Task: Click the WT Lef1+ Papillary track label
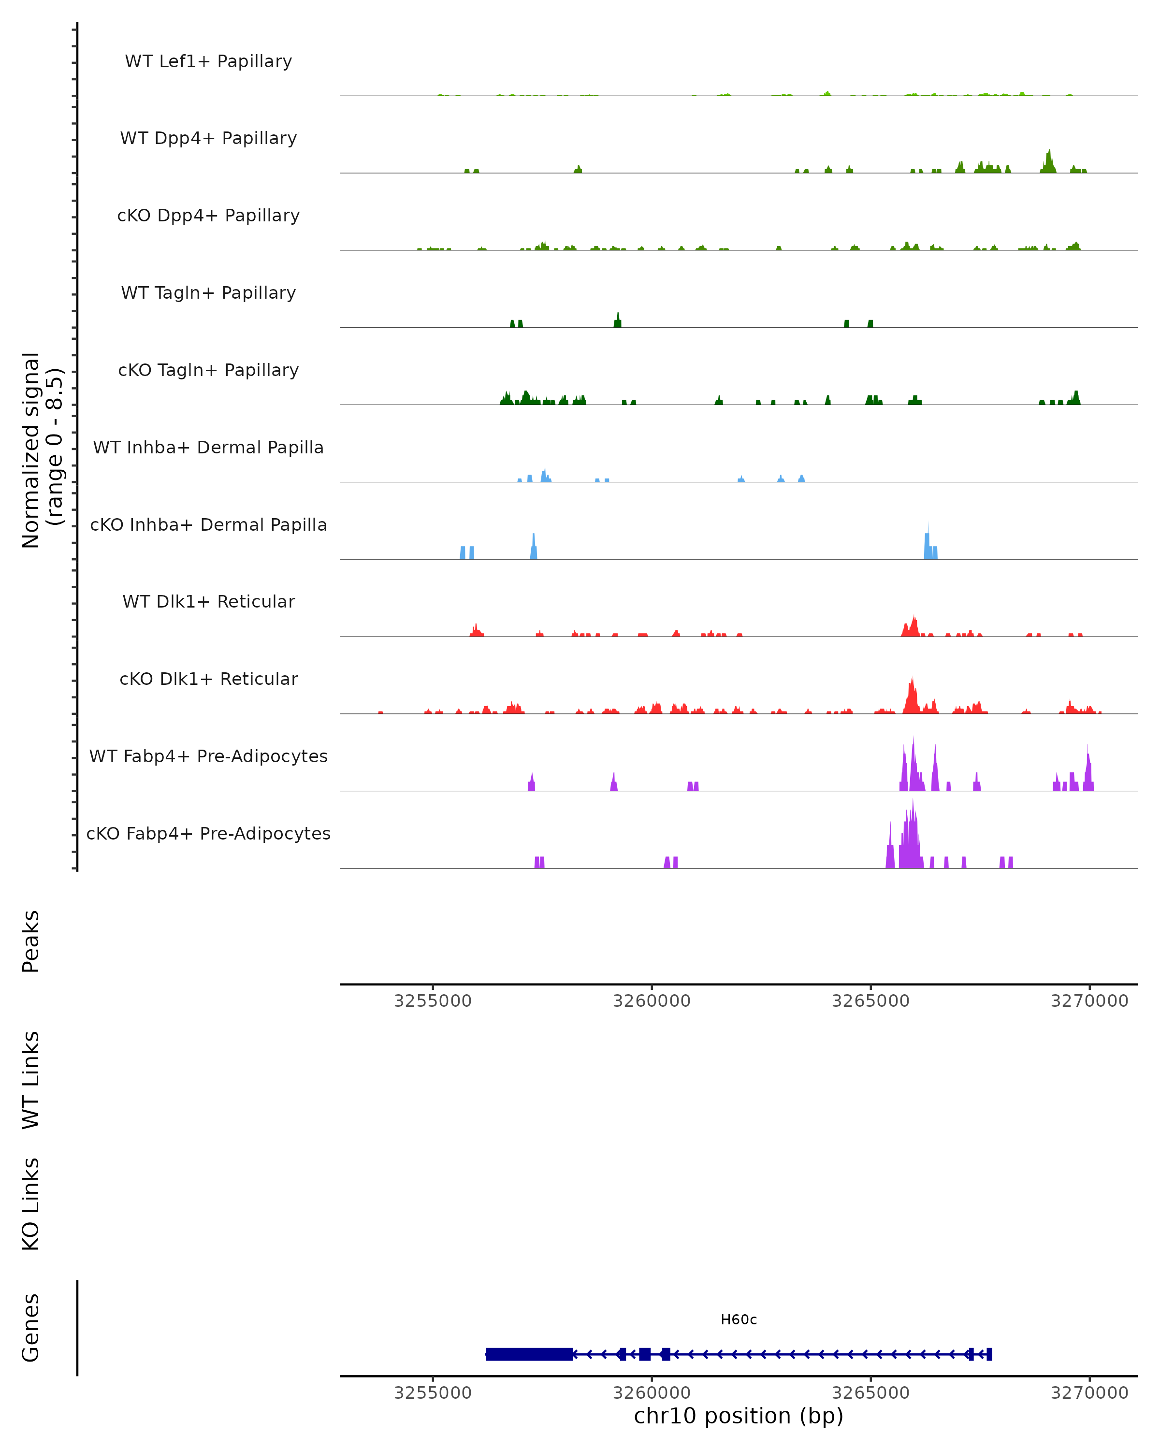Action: click(208, 61)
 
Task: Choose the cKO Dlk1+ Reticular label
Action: click(208, 679)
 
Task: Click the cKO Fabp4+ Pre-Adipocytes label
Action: click(208, 833)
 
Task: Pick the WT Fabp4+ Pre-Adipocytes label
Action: click(208, 756)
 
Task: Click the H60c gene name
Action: click(739, 1319)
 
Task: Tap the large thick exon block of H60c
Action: click(529, 1354)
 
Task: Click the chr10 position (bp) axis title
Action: click(739, 1416)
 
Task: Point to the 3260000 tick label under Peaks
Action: click(651, 1001)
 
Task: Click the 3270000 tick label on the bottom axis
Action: click(1089, 1393)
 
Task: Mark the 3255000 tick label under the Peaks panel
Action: click(433, 1001)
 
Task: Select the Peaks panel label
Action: click(31, 941)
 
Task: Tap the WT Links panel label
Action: click(31, 1080)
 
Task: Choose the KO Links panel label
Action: click(31, 1204)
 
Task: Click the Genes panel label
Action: click(31, 1328)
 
